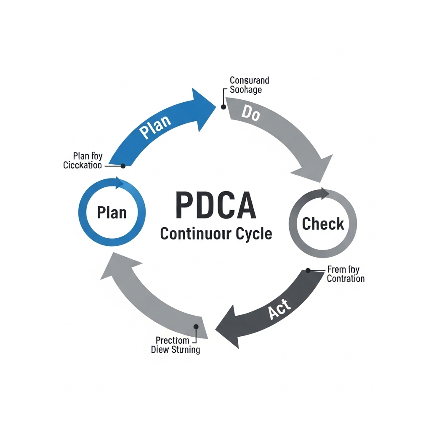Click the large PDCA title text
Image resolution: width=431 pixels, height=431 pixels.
coord(215,205)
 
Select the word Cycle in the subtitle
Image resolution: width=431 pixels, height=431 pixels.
coord(253,234)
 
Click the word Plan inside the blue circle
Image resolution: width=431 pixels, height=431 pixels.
coord(112,212)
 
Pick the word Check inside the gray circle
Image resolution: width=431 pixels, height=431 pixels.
coord(323,224)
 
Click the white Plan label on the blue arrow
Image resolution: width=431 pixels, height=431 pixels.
coord(155,127)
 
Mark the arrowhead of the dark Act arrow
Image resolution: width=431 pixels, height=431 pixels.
coord(230,326)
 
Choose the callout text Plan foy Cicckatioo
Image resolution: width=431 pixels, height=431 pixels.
coord(82,161)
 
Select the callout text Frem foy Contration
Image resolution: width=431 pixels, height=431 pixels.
coord(345,274)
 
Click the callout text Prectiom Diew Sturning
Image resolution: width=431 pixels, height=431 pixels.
coord(176,345)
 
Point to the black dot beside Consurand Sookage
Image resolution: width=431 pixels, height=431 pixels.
coord(223,107)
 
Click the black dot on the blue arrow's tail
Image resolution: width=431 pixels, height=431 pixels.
coord(123,166)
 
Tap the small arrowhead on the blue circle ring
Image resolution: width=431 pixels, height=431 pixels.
coord(119,183)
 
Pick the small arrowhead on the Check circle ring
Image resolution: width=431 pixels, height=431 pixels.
coord(325,194)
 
